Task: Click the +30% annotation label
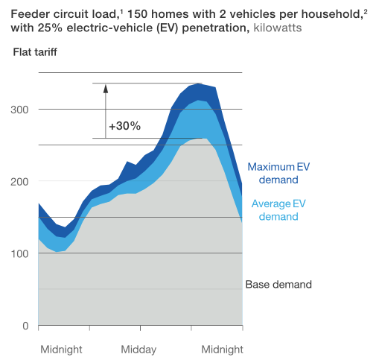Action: (124, 126)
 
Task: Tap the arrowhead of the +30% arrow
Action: (106, 88)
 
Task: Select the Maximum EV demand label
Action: (278, 173)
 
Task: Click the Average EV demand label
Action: (278, 210)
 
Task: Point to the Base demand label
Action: (278, 285)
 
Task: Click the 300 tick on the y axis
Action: (19, 110)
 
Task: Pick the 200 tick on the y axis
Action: (19, 182)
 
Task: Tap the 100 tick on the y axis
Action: (19, 253)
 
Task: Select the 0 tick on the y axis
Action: (25, 326)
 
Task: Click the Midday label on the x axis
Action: (138, 350)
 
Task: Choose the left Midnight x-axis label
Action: (61, 350)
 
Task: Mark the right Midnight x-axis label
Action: (222, 350)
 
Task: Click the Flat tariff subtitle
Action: (35, 52)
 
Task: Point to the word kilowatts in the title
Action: (278, 28)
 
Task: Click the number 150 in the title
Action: (137, 14)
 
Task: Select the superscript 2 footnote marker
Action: (366, 11)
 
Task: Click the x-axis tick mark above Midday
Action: (140, 328)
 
